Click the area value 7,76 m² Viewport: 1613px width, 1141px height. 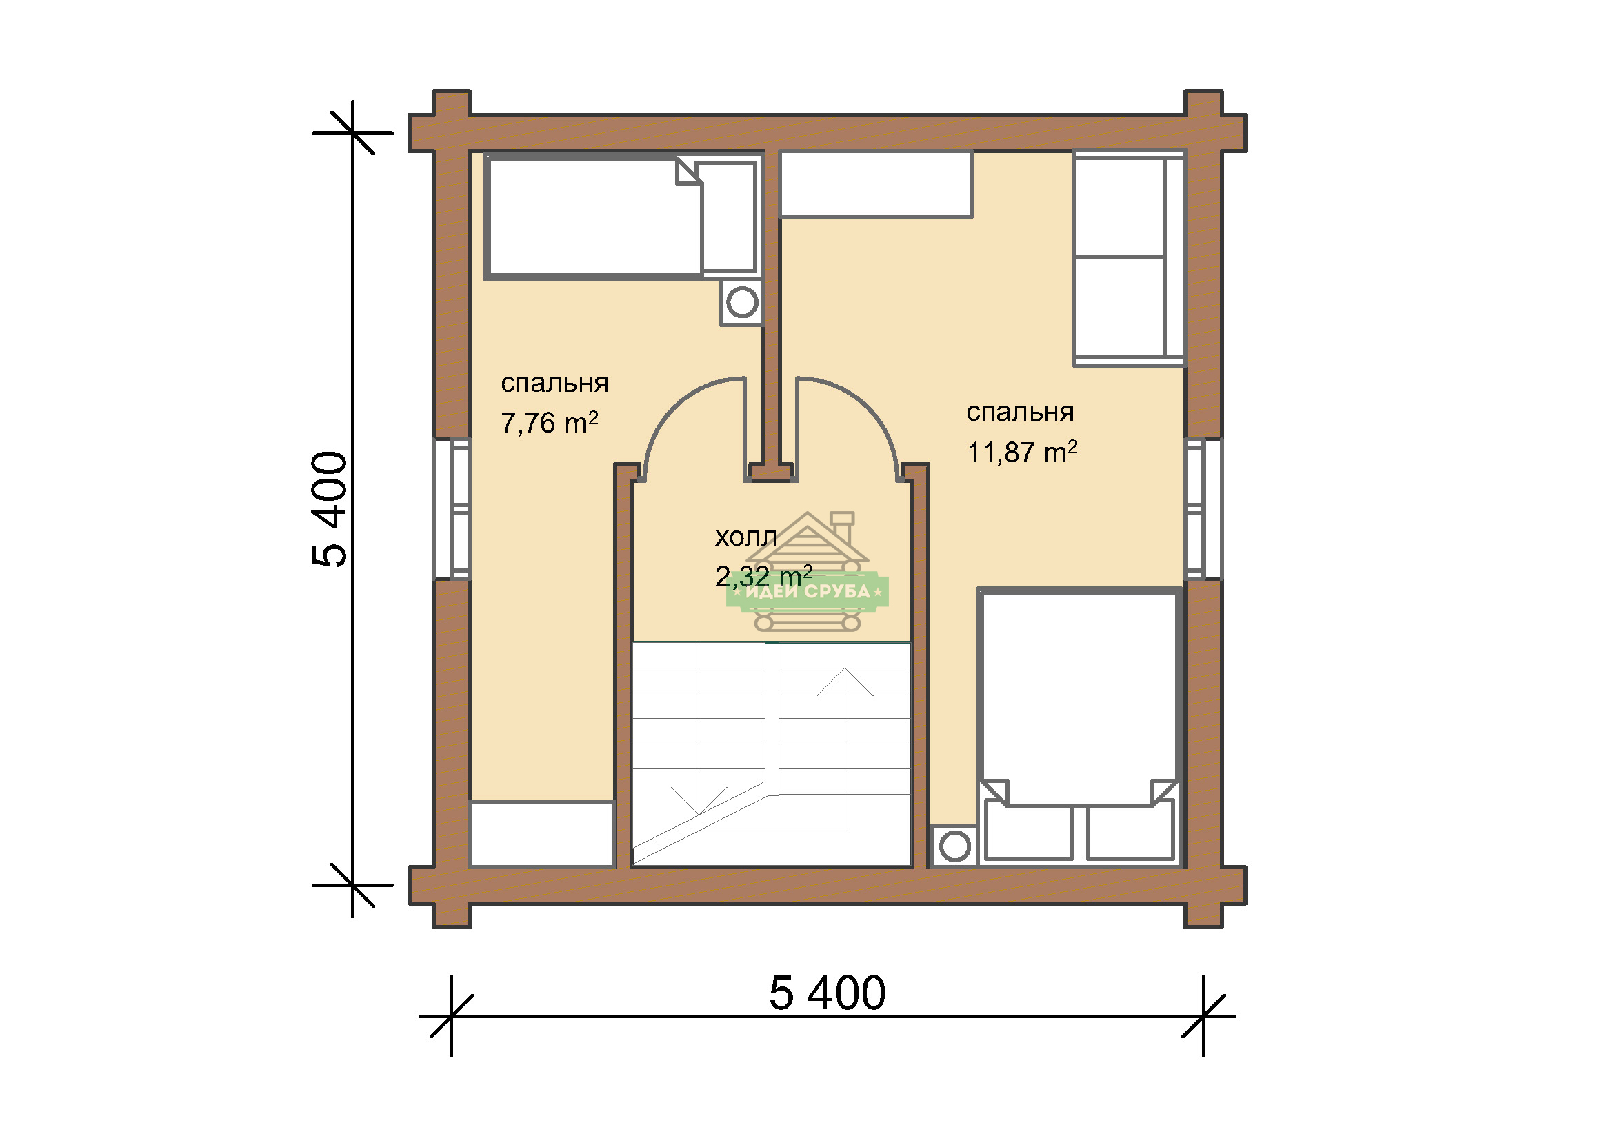click(550, 423)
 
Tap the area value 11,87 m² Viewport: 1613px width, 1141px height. click(1022, 453)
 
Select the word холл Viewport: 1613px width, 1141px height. click(746, 537)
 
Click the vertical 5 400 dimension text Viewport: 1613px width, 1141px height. click(330, 508)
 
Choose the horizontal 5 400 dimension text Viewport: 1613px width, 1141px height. click(827, 993)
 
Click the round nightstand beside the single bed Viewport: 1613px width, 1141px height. click(742, 303)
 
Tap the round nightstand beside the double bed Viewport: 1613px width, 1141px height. click(954, 846)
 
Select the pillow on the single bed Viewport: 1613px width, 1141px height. click(729, 217)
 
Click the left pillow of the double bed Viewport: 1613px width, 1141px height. click(1028, 833)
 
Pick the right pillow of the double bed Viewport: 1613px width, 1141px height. click(1130, 833)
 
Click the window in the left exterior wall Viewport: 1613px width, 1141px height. click(452, 509)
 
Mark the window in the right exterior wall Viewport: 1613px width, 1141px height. click(1204, 509)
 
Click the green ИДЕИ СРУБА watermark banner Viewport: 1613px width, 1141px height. click(808, 592)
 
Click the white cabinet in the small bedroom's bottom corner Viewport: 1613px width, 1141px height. click(542, 834)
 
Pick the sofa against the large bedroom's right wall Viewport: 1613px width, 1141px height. click(1129, 258)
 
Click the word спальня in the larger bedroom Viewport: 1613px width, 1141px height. click(1020, 413)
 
